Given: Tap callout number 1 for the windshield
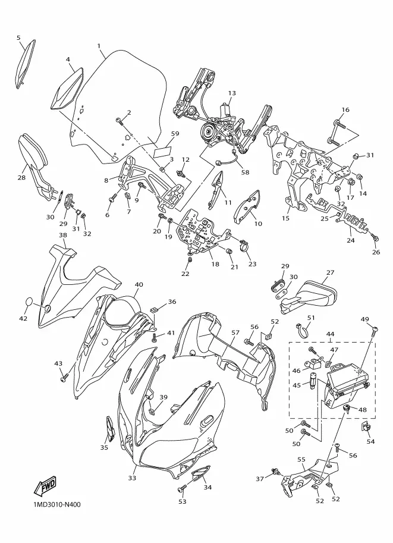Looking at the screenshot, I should [x=99, y=46].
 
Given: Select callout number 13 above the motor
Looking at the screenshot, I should [x=232, y=93].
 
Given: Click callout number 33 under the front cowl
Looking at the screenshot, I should [x=133, y=478].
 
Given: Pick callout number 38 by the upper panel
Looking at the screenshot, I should [x=62, y=235].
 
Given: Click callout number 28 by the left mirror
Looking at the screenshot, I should [x=21, y=177].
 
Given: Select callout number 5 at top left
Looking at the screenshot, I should [x=18, y=37].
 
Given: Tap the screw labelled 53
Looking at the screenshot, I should [x=181, y=488].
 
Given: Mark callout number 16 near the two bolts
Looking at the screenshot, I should [x=345, y=109].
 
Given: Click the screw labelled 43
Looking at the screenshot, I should [x=63, y=376].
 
